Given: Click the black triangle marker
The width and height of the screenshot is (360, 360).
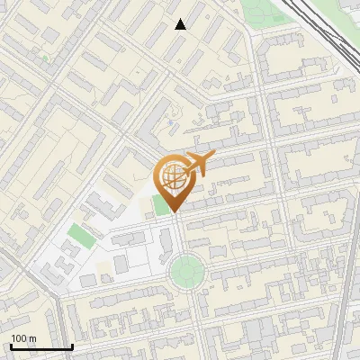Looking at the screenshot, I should (181, 24).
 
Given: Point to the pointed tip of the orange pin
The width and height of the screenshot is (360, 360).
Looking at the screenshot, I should (173, 211).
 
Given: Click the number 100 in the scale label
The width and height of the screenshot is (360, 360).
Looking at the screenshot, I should (19, 338).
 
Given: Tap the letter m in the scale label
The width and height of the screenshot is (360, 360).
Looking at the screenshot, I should (32, 338).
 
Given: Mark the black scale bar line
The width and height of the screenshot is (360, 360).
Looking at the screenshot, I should (41, 346).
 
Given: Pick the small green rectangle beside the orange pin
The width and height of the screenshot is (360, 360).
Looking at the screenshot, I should (160, 204).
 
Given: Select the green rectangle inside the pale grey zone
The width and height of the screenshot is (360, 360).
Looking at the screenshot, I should (80, 236).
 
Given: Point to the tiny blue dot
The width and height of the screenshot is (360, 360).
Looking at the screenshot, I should (169, 122).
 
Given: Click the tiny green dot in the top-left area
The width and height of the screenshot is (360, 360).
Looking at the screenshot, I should (44, 58).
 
